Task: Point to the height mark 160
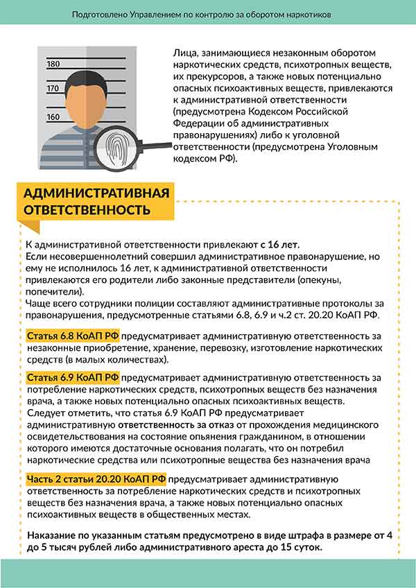click(x=53, y=116)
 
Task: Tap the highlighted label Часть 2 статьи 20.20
click(x=96, y=479)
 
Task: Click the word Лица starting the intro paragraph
click(x=181, y=53)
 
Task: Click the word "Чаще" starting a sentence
click(x=38, y=303)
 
